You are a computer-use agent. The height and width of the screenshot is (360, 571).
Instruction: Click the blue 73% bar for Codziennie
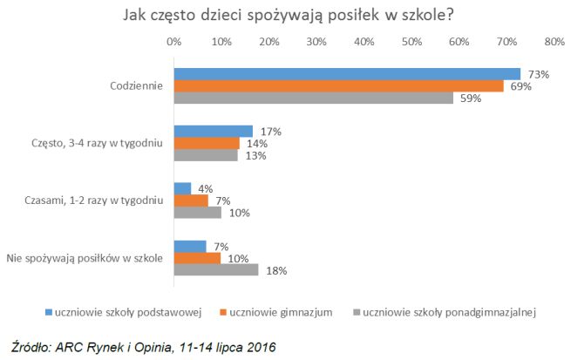(x=347, y=74)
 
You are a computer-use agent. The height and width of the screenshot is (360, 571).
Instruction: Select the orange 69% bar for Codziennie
(x=338, y=85)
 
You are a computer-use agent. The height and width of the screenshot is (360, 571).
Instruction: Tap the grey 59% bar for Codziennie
(x=314, y=98)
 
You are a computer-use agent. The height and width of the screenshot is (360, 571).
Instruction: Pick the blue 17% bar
(x=214, y=132)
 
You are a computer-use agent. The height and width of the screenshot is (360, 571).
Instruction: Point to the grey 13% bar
(x=206, y=155)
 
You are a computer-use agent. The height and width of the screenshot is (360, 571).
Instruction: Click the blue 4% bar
(x=183, y=188)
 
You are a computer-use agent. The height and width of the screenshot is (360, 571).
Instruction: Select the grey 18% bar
(x=216, y=269)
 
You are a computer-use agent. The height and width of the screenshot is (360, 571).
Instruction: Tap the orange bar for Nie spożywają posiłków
(x=198, y=258)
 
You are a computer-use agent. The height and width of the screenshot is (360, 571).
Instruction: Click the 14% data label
(x=256, y=143)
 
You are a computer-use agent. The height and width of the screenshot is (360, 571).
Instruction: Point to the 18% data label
(x=276, y=270)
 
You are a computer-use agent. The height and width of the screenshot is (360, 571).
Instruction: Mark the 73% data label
(x=538, y=75)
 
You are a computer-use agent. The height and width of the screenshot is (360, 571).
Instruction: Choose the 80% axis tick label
(x=554, y=41)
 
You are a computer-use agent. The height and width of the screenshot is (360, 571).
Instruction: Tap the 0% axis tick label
(x=174, y=41)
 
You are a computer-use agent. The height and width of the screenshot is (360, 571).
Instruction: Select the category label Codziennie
(x=137, y=86)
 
